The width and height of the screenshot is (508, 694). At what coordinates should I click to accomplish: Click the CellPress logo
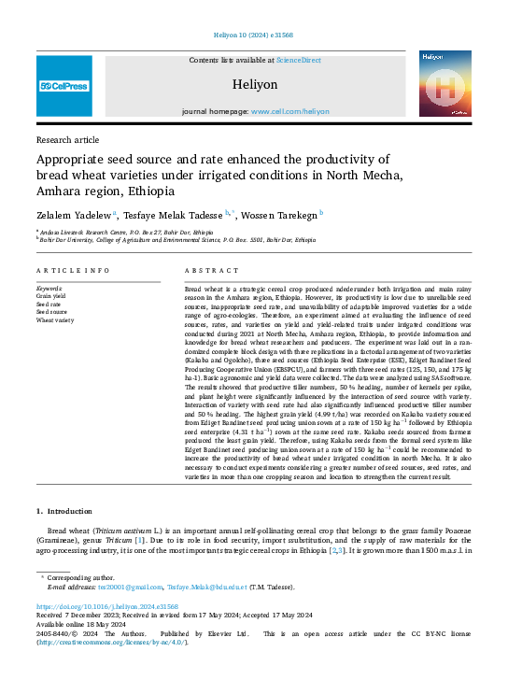[x=64, y=85]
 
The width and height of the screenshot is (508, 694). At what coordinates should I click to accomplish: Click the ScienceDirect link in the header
[x=299, y=60]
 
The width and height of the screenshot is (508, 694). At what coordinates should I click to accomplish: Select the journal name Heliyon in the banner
[x=255, y=84]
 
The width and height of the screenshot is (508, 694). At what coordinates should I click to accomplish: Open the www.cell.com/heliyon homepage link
[x=290, y=110]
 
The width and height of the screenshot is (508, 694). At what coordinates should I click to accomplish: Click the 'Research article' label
[x=67, y=139]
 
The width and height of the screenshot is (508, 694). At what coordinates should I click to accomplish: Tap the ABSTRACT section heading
[x=205, y=270]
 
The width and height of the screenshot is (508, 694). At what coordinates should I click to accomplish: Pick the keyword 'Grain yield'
[x=50, y=296]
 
